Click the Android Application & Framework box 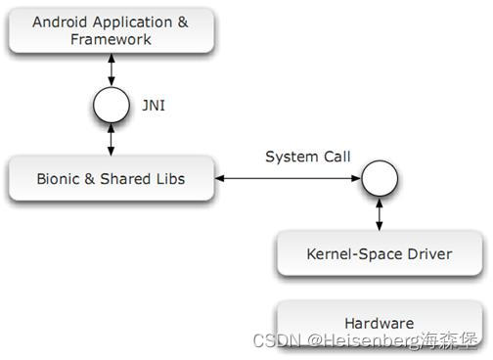pyautogui.click(x=111, y=30)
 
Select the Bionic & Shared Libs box pyautogui.click(x=111, y=178)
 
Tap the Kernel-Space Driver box pyautogui.click(x=380, y=254)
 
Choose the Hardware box pyautogui.click(x=380, y=322)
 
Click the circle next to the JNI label pyautogui.click(x=111, y=103)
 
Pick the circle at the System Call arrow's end pyautogui.click(x=379, y=178)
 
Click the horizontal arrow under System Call pyautogui.click(x=287, y=178)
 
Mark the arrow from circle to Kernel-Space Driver pyautogui.click(x=379, y=212)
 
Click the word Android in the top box pyautogui.click(x=61, y=22)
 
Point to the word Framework pyautogui.click(x=111, y=39)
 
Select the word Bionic pyautogui.click(x=57, y=178)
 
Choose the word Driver pyautogui.click(x=428, y=254)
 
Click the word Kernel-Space pyautogui.click(x=352, y=254)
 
